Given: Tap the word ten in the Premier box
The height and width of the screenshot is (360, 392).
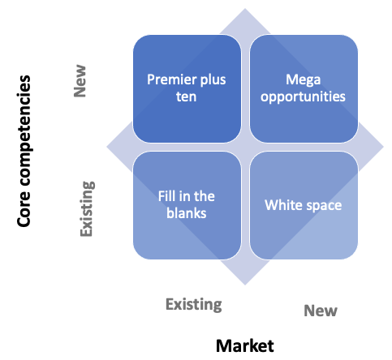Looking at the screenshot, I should pos(188,96).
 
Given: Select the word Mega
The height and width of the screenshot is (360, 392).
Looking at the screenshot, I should pos(304,80).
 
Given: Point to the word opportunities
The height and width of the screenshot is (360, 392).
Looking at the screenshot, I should pos(304,96).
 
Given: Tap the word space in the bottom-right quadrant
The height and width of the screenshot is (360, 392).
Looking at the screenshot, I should pos(324,204).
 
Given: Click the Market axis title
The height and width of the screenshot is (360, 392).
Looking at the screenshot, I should pos(245,346).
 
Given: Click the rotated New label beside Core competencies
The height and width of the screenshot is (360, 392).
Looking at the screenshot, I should pos(80,81).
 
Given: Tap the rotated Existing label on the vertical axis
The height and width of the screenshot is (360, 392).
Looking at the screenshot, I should pos(88,209).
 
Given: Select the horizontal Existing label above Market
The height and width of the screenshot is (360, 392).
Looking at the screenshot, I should pos(193,304).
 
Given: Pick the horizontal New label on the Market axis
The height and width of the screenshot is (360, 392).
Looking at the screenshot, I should pos(320,310).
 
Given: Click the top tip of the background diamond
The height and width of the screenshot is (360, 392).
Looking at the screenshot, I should pos(246,10).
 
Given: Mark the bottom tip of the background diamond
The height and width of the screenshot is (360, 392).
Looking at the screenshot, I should pos(246,285).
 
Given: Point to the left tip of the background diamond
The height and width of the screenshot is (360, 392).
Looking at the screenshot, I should pos(108,147).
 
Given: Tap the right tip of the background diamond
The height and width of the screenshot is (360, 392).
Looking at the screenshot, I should pos(383,147).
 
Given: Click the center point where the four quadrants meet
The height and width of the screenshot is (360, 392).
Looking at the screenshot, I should pos(246,147).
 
